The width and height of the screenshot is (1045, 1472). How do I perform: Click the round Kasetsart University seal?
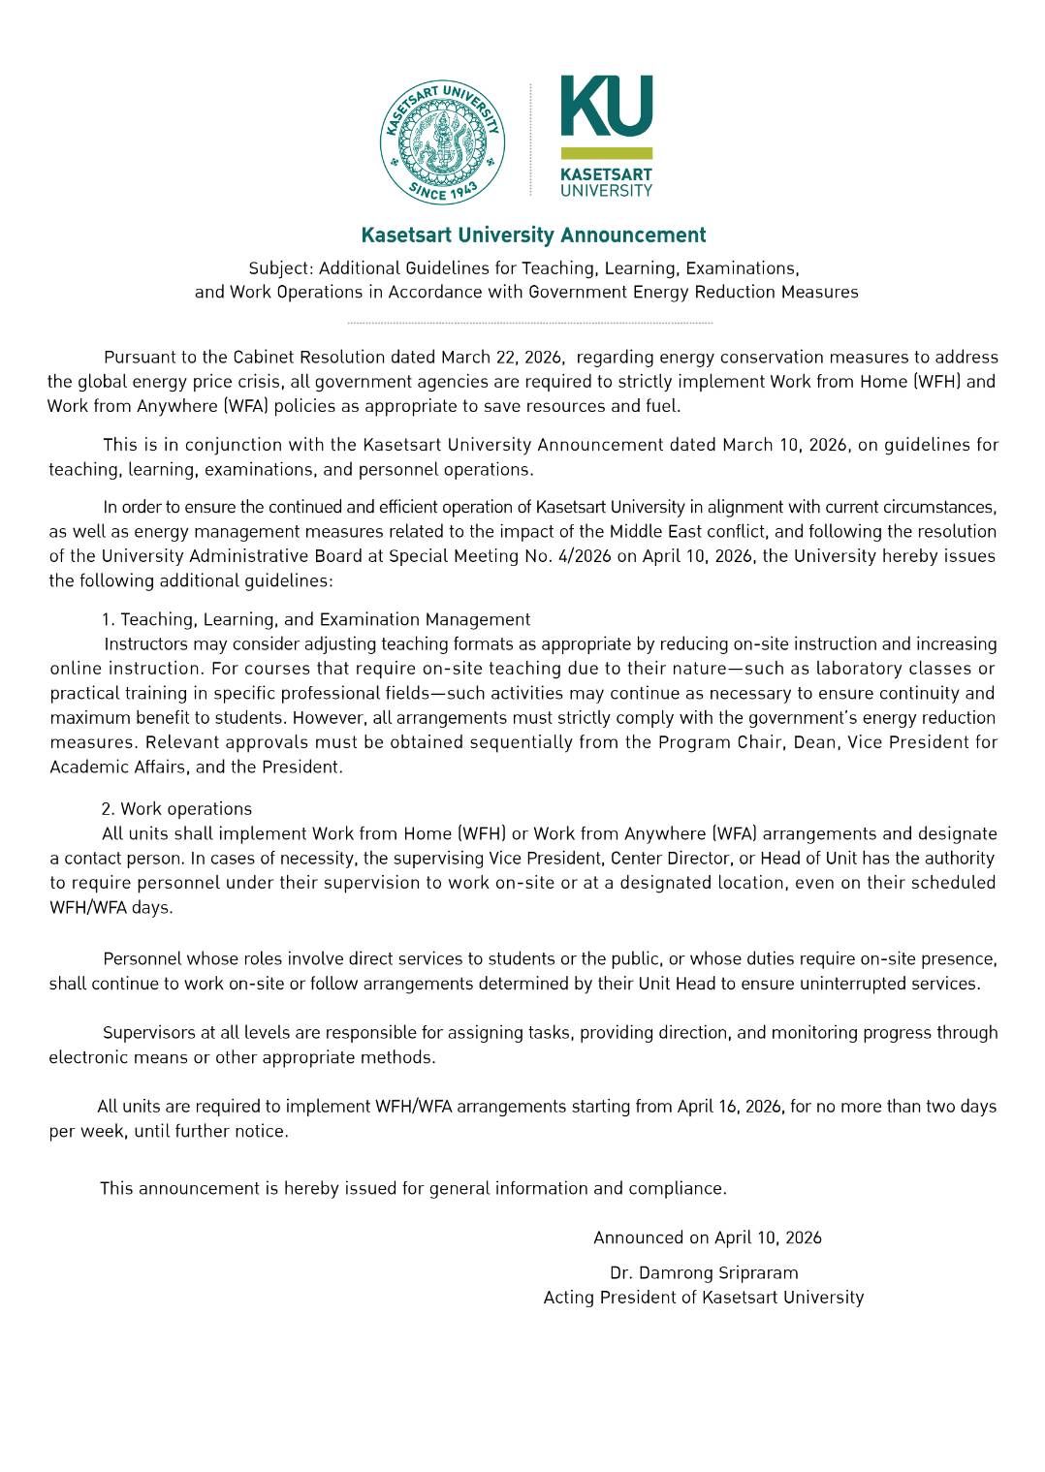[442, 142]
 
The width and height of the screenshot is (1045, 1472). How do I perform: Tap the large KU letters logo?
[607, 106]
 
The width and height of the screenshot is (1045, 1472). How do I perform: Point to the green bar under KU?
[607, 153]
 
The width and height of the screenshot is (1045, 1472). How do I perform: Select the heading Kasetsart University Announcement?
[533, 235]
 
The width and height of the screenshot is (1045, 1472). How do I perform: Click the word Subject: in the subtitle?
[281, 268]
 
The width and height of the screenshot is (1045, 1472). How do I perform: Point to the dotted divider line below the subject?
[529, 323]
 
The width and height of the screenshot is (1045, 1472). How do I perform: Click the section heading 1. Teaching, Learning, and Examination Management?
[316, 619]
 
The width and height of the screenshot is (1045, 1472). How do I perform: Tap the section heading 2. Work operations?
[176, 809]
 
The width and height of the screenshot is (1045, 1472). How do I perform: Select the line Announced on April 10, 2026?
[707, 1237]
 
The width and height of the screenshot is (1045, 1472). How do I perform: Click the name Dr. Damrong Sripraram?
[704, 1272]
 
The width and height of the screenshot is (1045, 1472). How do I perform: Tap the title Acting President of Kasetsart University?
[703, 1298]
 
